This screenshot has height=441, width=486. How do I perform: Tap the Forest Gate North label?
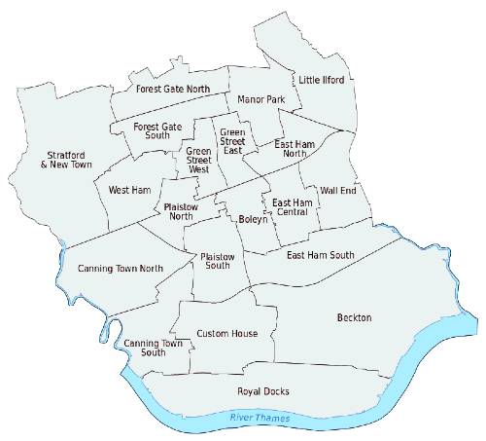(173, 89)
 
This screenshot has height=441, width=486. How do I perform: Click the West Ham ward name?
(127, 190)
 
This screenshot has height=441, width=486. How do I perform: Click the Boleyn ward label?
(252, 220)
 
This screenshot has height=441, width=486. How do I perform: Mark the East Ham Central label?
(293, 207)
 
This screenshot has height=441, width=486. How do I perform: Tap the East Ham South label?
(321, 255)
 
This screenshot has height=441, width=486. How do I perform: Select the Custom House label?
(226, 334)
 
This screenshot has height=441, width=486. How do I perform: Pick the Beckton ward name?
(354, 318)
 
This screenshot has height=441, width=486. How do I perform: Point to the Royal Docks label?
(263, 391)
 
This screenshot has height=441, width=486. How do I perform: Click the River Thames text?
(259, 419)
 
